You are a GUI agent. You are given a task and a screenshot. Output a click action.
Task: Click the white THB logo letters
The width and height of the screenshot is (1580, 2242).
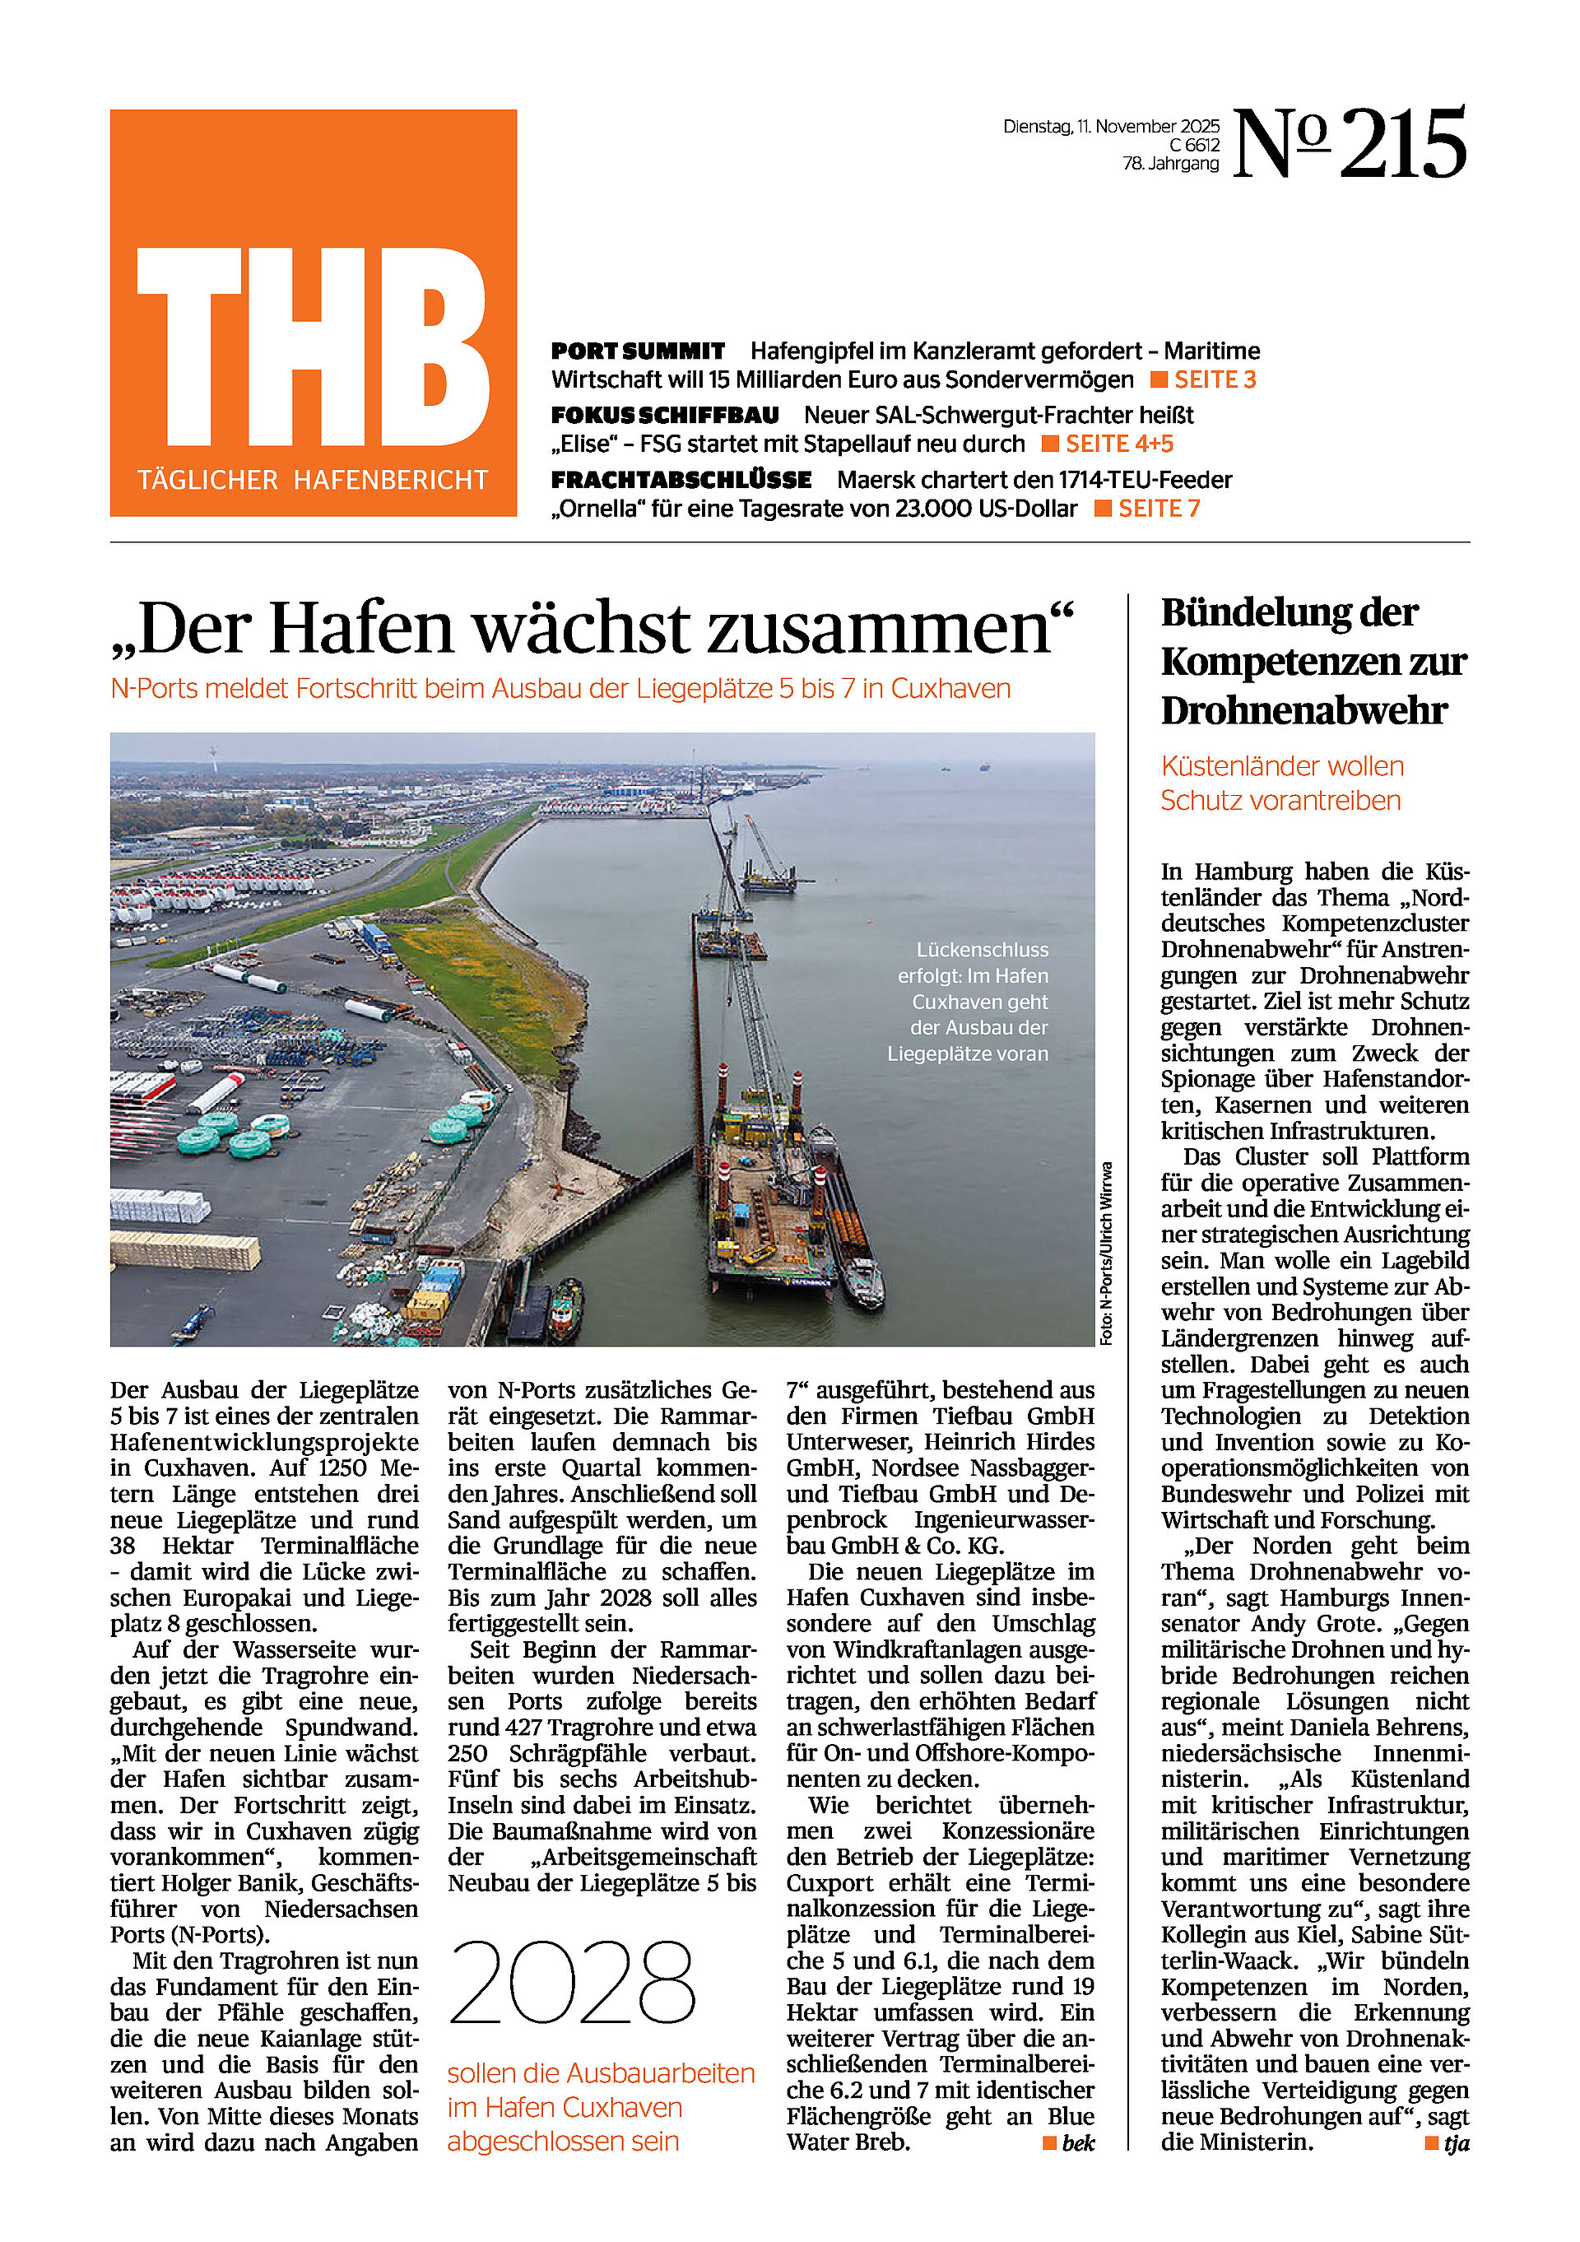tap(313, 347)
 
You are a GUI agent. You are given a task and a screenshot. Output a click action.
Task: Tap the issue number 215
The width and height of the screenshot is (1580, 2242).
tap(1402, 145)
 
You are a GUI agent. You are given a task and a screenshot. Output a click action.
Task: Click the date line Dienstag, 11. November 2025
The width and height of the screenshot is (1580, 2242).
tap(1110, 127)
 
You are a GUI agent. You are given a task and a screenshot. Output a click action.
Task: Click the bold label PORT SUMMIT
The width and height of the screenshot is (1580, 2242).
tap(638, 351)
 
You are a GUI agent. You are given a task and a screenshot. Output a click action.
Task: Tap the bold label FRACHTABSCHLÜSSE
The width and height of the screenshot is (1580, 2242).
tap(681, 481)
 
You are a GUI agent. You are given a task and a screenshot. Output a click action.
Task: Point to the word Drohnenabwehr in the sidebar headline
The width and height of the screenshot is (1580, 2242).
tap(1303, 711)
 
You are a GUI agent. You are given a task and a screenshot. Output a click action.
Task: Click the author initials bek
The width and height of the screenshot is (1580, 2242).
tap(1078, 2143)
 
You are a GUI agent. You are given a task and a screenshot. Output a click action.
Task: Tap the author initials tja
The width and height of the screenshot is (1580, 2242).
tap(1456, 2143)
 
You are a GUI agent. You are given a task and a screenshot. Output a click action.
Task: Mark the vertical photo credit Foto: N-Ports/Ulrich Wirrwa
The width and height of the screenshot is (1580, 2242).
tap(1106, 1254)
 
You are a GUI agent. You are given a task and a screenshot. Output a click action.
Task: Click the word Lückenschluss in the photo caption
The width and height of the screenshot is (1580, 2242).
tap(982, 950)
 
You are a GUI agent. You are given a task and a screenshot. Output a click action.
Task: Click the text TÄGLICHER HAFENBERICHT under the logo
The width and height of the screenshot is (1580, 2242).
tap(313, 481)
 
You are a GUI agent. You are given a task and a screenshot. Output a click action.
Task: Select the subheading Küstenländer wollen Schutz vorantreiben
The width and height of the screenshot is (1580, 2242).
tap(1281, 784)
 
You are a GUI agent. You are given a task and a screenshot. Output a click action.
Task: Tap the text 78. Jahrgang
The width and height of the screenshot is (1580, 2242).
tap(1170, 164)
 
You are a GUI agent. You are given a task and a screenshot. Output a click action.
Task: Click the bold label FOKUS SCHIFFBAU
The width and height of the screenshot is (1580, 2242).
tap(665, 416)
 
